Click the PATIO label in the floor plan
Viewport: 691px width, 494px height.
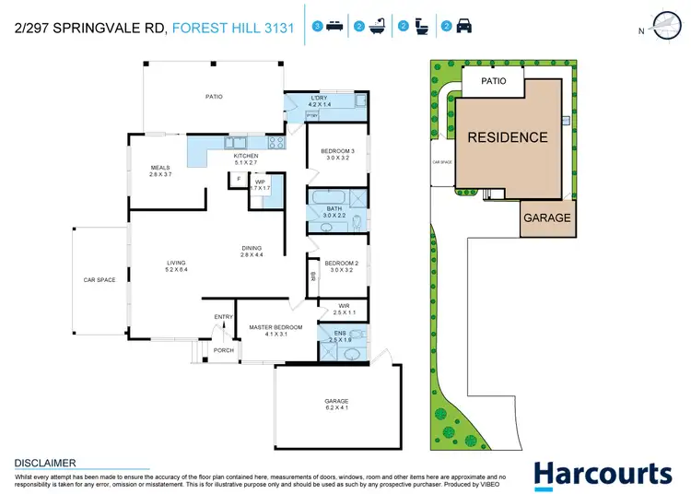215,95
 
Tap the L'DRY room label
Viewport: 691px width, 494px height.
319,101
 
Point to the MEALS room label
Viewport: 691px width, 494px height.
161,171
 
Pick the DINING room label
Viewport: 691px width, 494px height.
252,251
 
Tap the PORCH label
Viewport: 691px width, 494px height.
224,349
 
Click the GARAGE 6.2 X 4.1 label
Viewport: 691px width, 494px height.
337,406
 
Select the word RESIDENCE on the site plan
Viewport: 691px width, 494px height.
508,138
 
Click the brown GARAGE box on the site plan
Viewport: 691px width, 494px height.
547,218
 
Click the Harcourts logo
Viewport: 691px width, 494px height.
603,474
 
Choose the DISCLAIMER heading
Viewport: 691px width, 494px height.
44,463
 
